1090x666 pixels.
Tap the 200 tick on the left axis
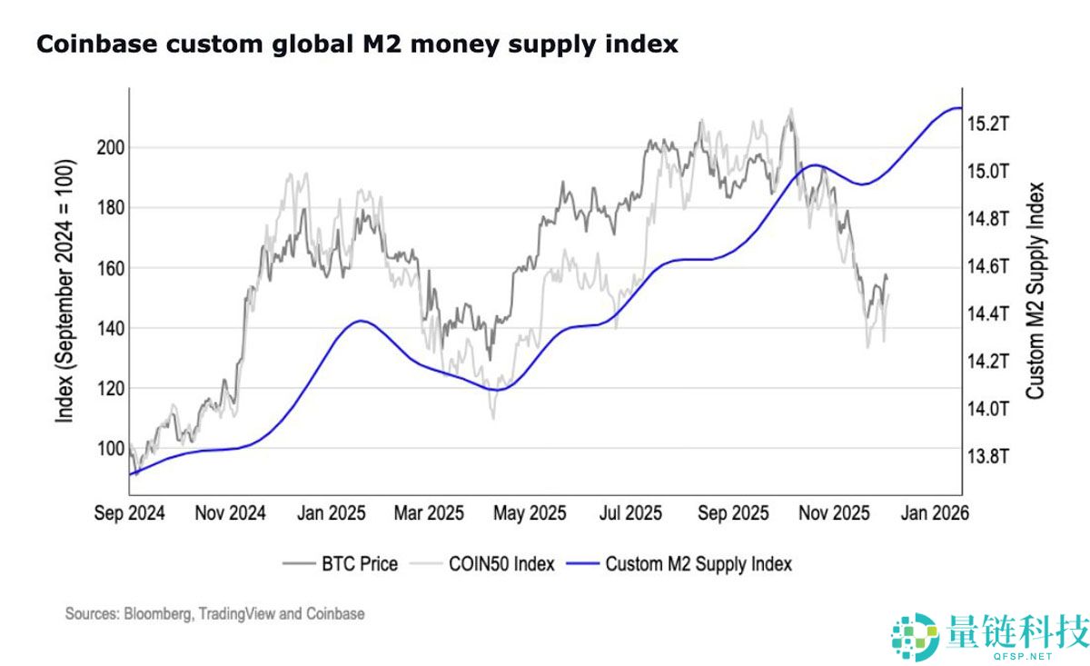pos(109,147)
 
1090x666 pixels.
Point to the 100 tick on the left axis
pos(109,448)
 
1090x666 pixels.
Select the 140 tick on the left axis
pos(109,328)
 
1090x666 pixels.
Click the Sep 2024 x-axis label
pos(130,513)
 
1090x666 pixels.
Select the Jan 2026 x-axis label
pos(935,513)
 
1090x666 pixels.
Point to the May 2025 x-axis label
pos(530,513)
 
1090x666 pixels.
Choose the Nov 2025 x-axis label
pos(832,513)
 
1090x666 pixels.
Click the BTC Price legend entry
pos(359,564)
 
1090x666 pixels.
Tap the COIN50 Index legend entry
pos(500,564)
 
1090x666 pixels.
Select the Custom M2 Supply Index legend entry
pos(698,564)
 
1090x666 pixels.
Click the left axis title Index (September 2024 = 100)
pos(65,291)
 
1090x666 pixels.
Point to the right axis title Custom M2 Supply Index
pos(1035,291)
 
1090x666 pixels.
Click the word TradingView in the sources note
pos(234,614)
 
